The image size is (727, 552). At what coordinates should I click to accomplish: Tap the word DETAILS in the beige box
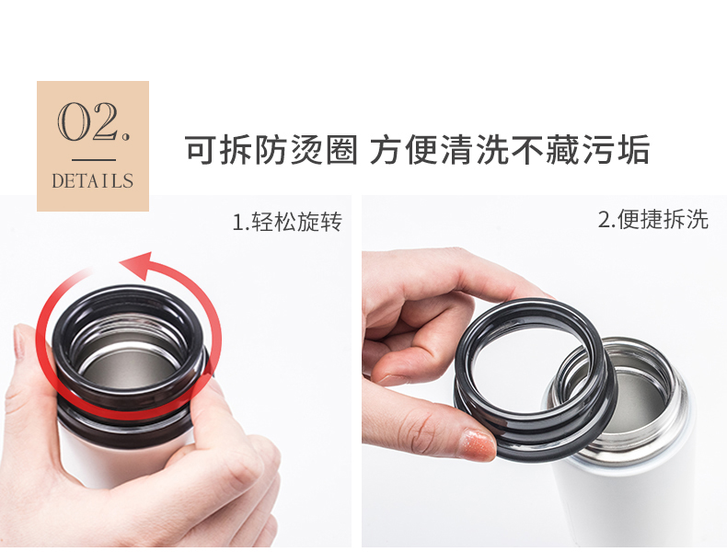coord(93,180)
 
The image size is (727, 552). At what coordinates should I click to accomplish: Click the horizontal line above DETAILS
coord(94,160)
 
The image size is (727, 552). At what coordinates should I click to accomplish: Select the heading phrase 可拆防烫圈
coord(271,150)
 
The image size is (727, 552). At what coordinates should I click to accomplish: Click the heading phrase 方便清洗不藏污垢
coord(510,150)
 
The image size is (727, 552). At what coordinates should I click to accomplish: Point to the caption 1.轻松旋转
coord(287,221)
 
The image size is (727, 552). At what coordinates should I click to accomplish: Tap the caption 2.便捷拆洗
coord(653,219)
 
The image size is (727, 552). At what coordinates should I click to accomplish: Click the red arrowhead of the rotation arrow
coord(137,265)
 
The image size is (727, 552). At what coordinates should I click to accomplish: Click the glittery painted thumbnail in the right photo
coord(477,444)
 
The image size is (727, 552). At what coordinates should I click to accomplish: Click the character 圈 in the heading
coord(341,150)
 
